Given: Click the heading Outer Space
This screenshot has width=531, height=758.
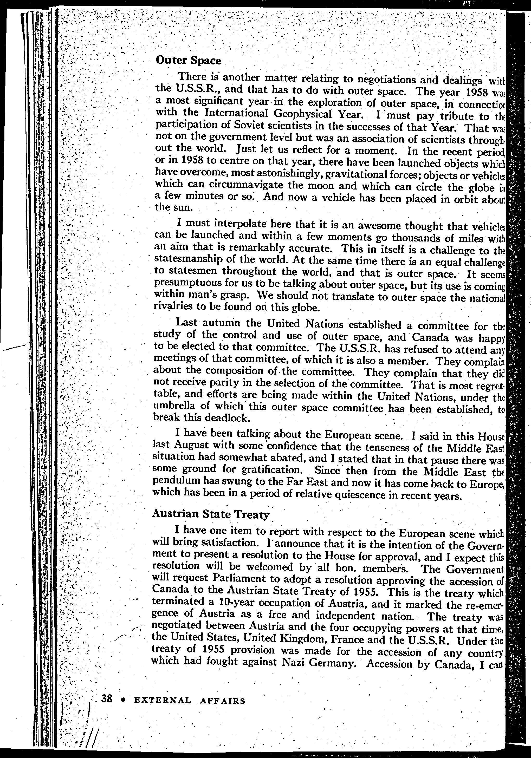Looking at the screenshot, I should (x=188, y=60).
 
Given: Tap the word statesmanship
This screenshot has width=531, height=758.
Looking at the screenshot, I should (x=187, y=259).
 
